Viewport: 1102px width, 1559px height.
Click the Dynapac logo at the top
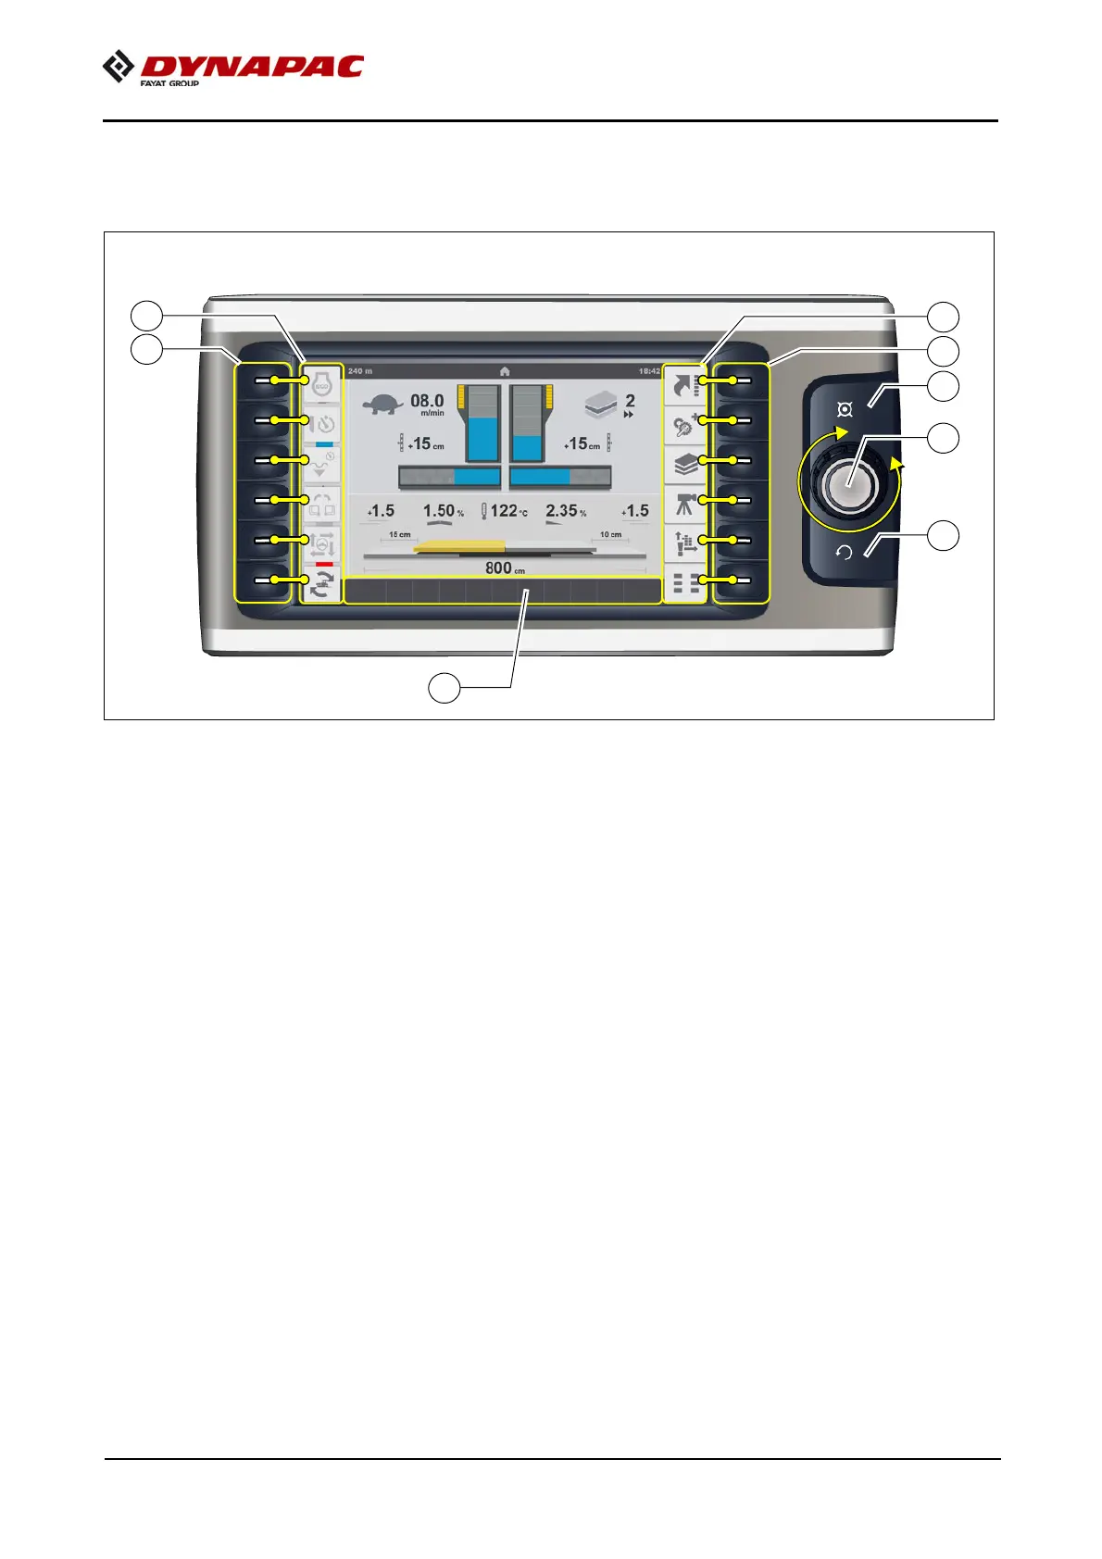(232, 69)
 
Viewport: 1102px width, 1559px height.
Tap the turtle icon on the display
(382, 405)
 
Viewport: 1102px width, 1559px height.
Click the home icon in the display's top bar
(505, 371)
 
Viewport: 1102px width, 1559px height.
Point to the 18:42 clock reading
(649, 371)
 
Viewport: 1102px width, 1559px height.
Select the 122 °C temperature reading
(506, 511)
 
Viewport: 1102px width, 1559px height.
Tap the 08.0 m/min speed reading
(427, 402)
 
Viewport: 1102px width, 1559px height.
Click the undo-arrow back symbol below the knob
(844, 553)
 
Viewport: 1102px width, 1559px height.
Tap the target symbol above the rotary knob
(845, 409)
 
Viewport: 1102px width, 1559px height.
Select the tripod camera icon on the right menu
(686, 504)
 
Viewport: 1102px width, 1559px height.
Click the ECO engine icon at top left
(322, 383)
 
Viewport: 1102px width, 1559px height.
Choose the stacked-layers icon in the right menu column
(686, 464)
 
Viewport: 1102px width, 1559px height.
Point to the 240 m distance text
(360, 371)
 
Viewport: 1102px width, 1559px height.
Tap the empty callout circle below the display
(445, 688)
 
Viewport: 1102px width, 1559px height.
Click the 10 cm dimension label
(610, 534)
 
